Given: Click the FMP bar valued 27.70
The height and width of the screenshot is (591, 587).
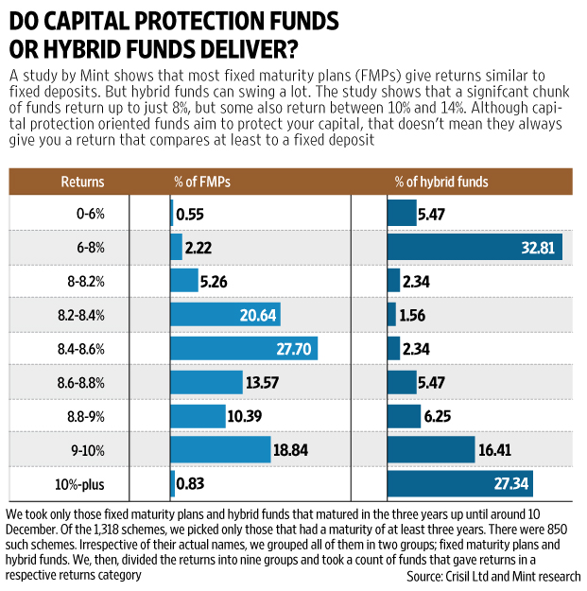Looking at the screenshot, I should coord(243,348).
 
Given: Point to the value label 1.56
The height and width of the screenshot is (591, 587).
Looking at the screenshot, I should coord(417,315).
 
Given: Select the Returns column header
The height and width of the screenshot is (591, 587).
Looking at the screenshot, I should coord(82,182).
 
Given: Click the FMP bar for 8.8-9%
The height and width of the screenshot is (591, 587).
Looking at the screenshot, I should coord(198,417).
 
